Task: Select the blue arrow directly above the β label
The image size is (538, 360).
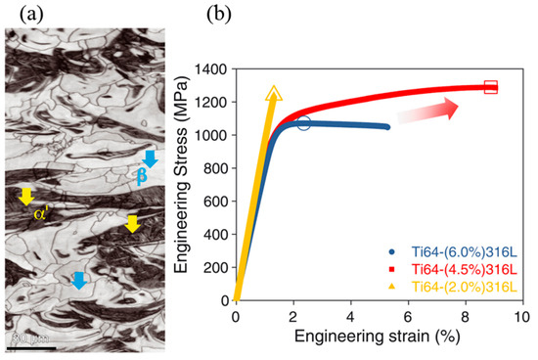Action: point(149,157)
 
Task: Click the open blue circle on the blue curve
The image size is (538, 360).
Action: point(303,123)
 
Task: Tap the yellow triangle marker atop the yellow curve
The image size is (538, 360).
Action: point(274,95)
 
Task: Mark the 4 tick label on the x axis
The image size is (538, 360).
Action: point(350,319)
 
